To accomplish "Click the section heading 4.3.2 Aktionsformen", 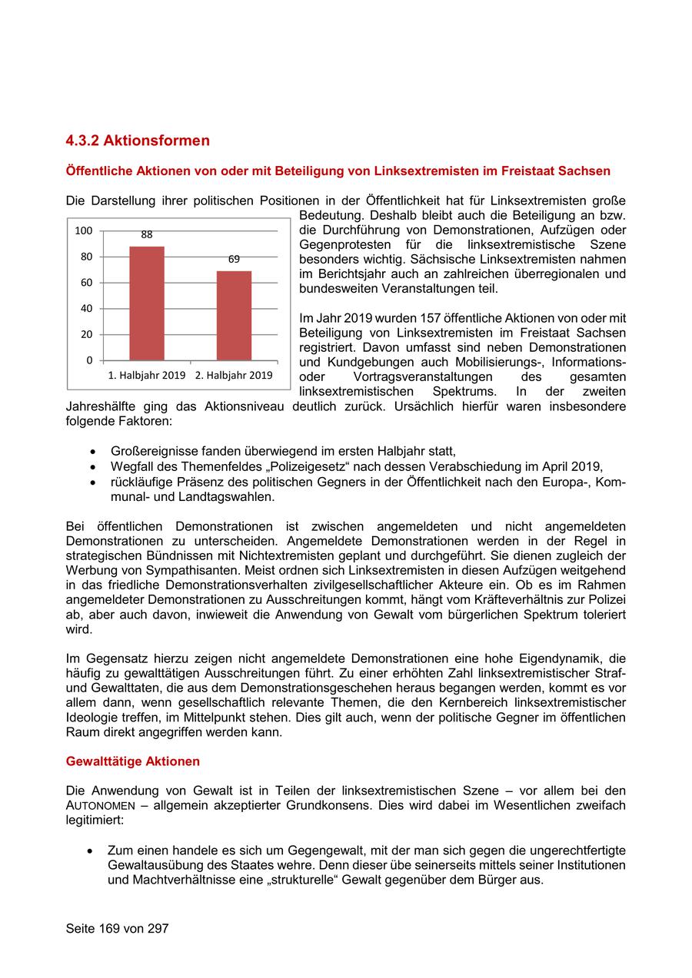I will tap(138, 141).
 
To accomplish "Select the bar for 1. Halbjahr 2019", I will tap(146, 303).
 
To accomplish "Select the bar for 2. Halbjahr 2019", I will tap(234, 315).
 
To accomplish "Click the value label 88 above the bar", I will tap(147, 234).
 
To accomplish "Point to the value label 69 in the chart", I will tap(234, 260).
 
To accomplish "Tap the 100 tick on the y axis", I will tap(84, 230).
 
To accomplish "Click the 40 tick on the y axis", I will tap(86, 309).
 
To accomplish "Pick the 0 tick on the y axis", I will tap(89, 360).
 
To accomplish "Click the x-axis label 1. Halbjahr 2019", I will tap(146, 376).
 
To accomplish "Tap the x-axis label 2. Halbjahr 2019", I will tap(234, 376).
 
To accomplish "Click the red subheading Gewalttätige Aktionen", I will tap(132, 761).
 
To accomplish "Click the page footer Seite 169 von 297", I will tap(117, 928).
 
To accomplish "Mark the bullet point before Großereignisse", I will tap(94, 452).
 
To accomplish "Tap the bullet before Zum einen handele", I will tap(91, 851).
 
